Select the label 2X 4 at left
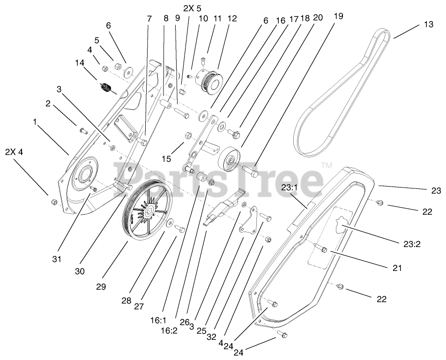click(x=14, y=151)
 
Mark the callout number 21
click(x=397, y=268)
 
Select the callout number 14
click(x=80, y=62)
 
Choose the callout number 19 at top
click(x=339, y=16)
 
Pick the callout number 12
click(x=232, y=19)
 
